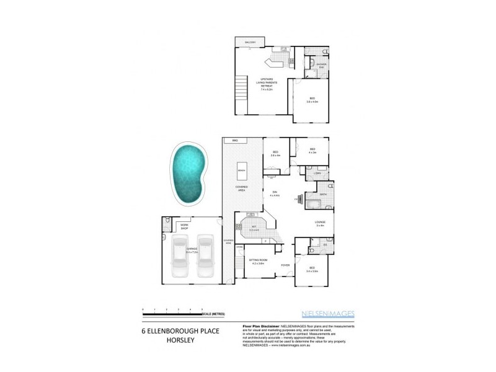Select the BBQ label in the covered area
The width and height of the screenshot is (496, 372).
[235, 142]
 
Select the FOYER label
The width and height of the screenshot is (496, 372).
[285, 265]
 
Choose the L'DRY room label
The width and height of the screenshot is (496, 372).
[316, 174]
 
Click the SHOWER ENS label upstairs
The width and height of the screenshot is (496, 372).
[321, 66]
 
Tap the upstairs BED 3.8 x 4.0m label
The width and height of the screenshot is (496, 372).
[312, 100]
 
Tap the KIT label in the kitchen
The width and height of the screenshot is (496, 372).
[254, 228]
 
